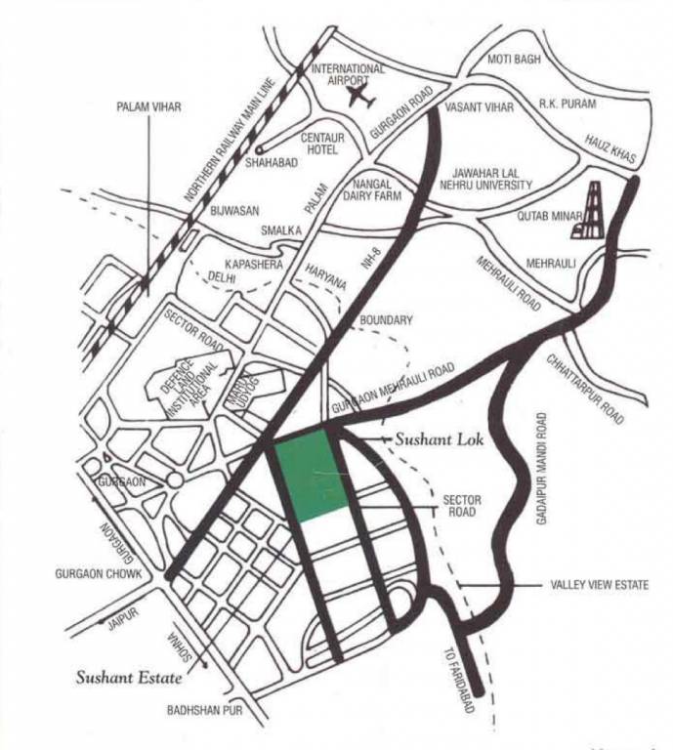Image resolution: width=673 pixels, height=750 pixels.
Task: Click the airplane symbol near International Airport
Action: point(360,100)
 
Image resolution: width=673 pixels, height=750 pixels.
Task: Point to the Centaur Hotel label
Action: point(322,145)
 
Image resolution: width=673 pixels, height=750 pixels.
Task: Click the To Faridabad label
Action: point(450,682)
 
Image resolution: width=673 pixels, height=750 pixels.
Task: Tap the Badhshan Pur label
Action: point(204,710)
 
